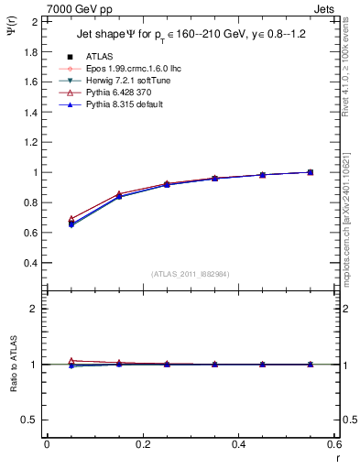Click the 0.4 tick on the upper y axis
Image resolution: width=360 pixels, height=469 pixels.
(x=31, y=263)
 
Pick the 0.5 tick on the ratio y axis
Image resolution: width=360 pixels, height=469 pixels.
(x=31, y=420)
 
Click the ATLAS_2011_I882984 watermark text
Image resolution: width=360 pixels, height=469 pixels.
(x=190, y=273)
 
